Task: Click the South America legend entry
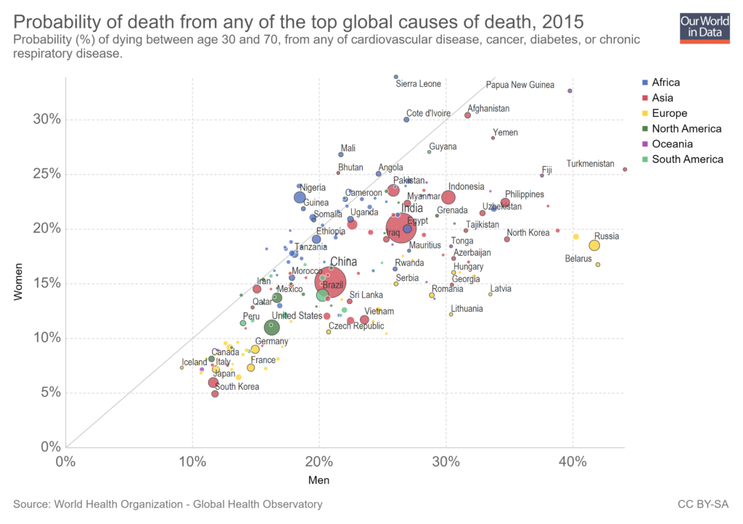[x=686, y=159]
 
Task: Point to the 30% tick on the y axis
[x=46, y=120]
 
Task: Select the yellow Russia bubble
[x=594, y=246]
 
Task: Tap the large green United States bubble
[x=272, y=328]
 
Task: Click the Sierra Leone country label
[x=418, y=84]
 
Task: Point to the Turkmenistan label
[x=590, y=164]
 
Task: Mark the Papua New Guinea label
[x=520, y=85]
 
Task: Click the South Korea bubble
[x=215, y=394]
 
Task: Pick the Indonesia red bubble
[x=448, y=197]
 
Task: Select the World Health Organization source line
[x=167, y=504]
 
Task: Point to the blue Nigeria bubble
[x=300, y=197]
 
